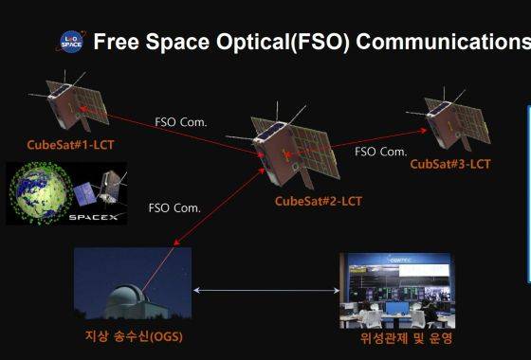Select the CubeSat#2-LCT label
[319, 201]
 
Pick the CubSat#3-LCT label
[450, 164]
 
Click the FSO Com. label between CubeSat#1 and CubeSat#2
[181, 122]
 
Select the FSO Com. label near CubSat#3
[380, 151]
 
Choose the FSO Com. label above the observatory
[174, 207]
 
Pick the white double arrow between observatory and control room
[265, 290]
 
